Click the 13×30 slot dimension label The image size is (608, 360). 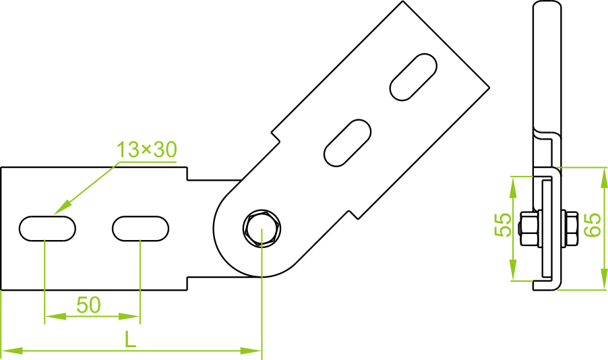[146, 150]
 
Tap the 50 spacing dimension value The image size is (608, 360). [88, 305]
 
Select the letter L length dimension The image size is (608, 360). [131, 340]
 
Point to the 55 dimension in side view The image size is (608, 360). [503, 224]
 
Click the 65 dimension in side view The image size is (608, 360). [592, 224]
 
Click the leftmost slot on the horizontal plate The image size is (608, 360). [47, 228]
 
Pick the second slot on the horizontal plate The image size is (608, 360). [140, 228]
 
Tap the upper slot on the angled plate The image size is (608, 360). [413, 76]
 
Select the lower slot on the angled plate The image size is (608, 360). [347, 142]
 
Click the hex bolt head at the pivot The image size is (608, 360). [262, 228]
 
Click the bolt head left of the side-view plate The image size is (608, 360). [528, 228]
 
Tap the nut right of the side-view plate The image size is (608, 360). [569, 228]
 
